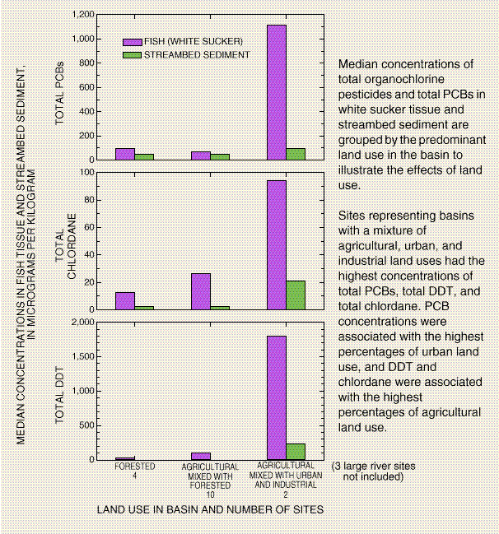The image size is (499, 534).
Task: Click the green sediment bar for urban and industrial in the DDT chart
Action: (x=295, y=452)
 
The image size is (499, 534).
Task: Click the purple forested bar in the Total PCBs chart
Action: (x=125, y=154)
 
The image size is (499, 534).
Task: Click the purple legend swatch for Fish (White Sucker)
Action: (x=132, y=41)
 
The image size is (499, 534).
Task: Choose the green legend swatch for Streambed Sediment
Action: (x=132, y=54)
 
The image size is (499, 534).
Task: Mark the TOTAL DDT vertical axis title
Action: (x=60, y=398)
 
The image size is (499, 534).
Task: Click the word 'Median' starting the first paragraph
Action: (x=359, y=64)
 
